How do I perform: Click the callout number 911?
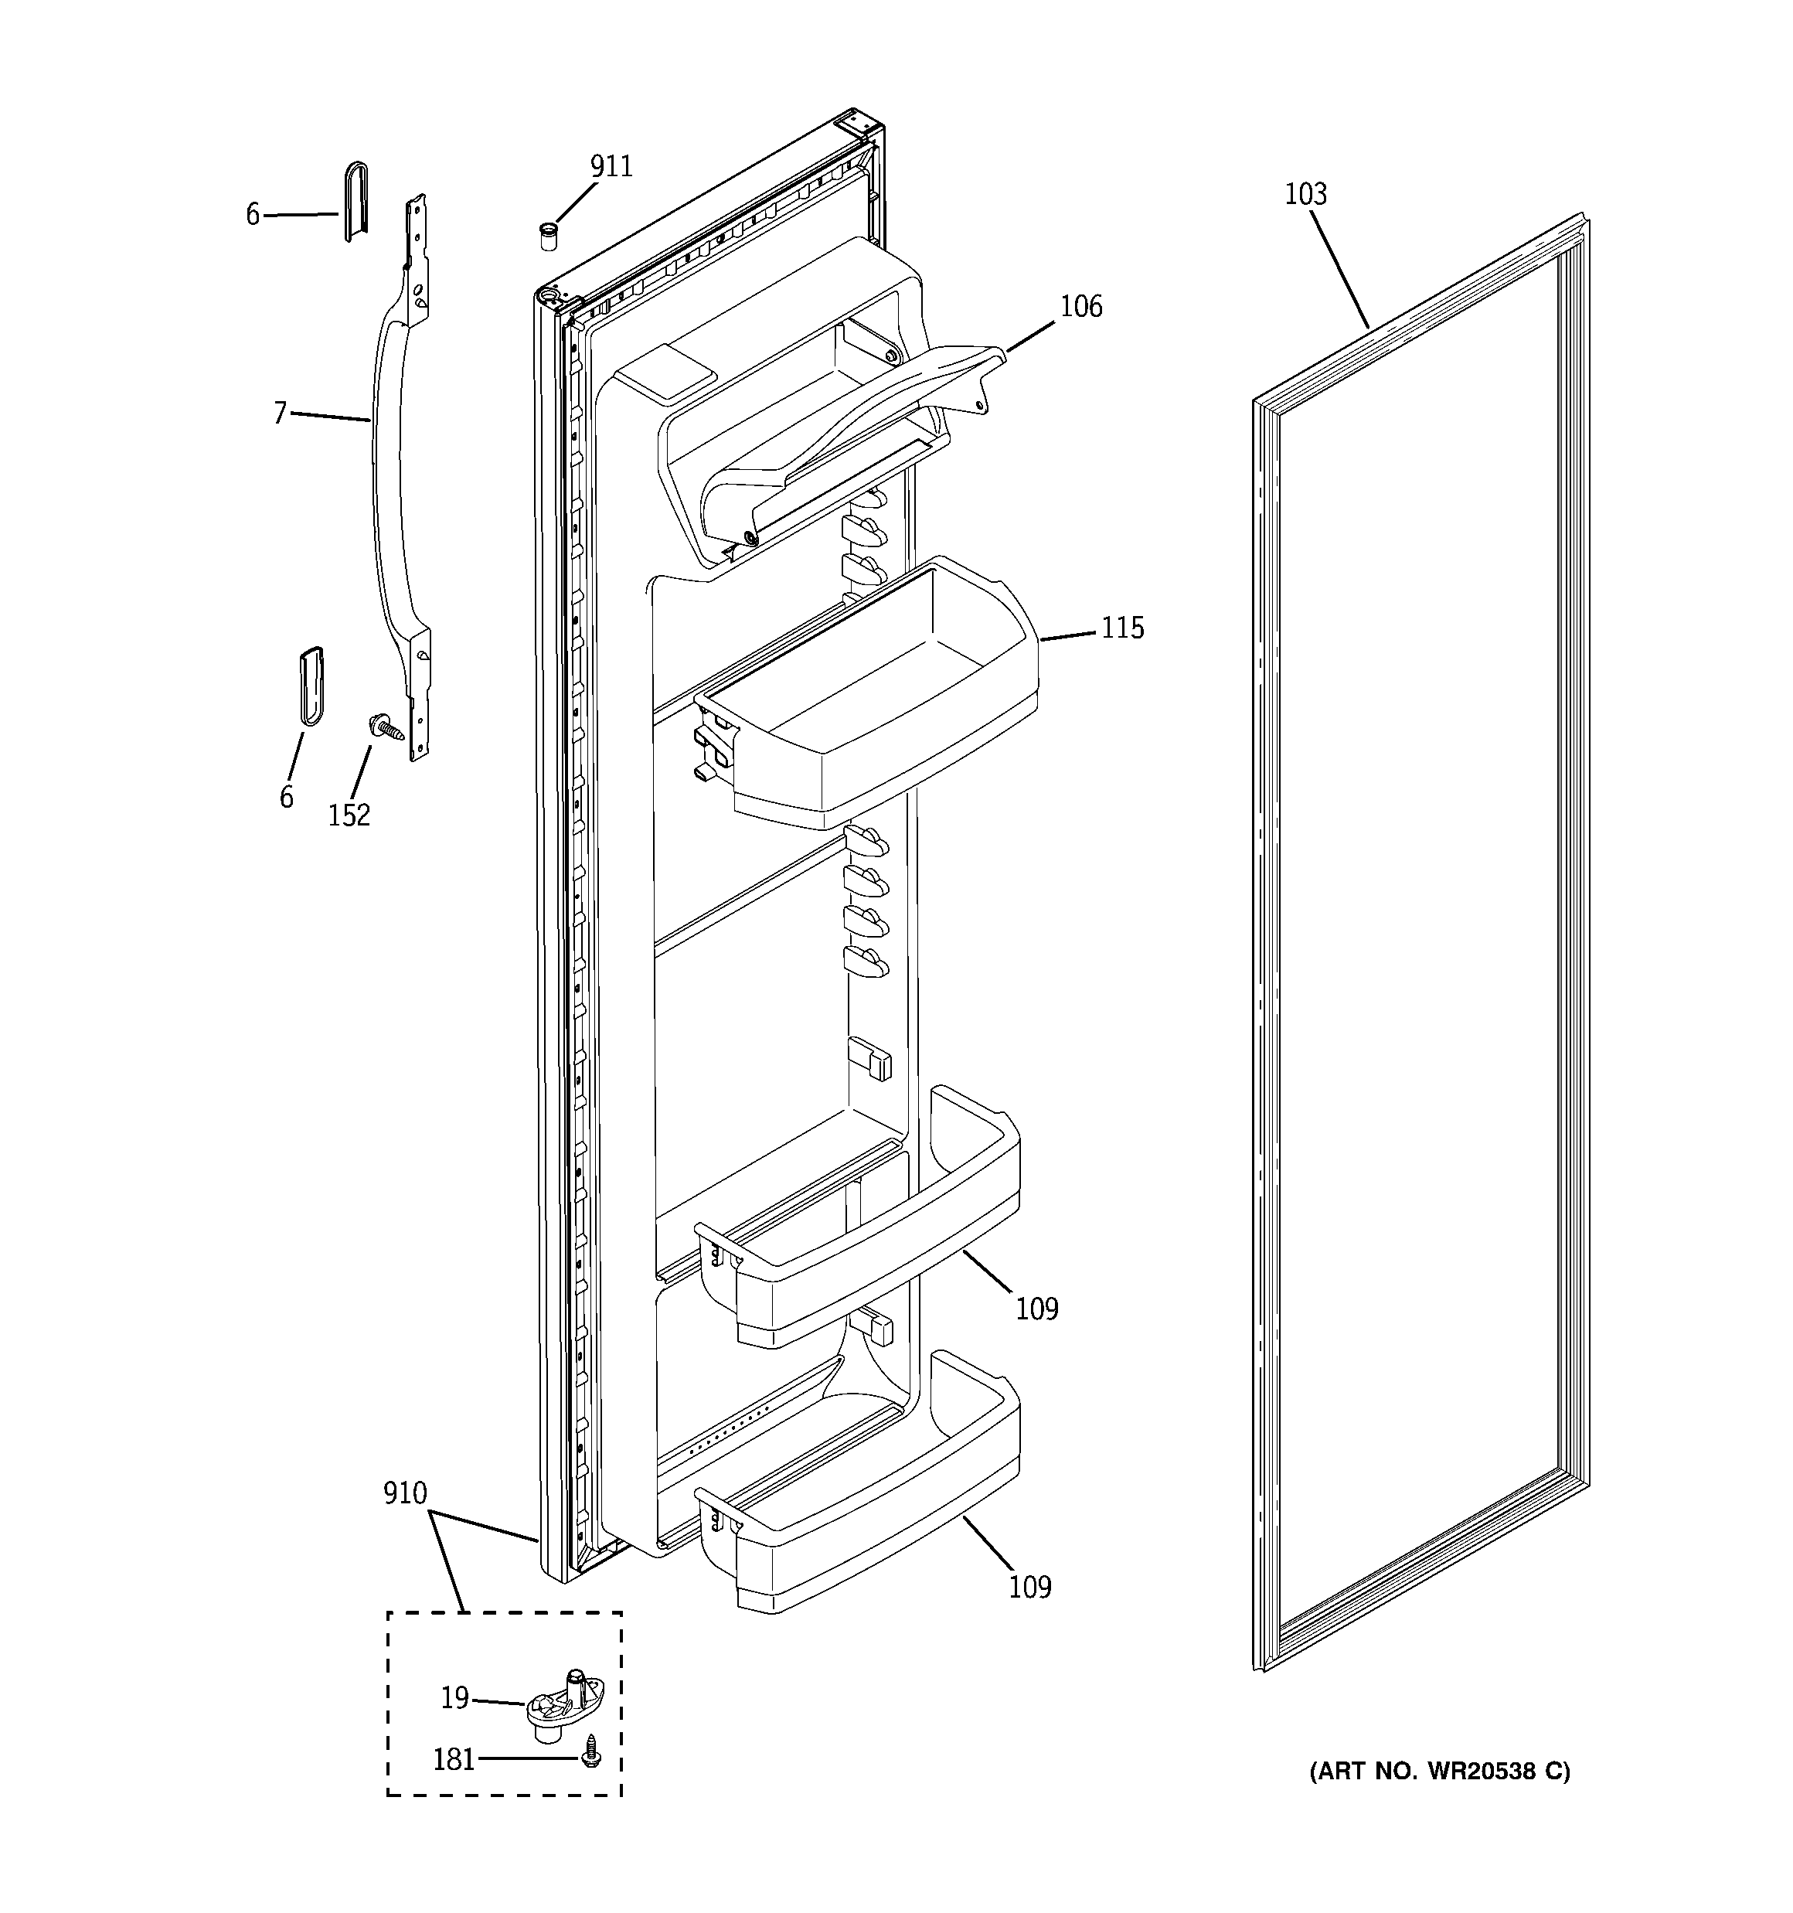[x=611, y=168]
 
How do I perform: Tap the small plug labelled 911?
[x=549, y=236]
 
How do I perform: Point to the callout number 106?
[x=1080, y=307]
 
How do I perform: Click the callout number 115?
[x=1122, y=628]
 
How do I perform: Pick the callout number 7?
[x=280, y=414]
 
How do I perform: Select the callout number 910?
[x=404, y=1493]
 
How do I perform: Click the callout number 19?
[x=454, y=1698]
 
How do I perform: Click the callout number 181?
[x=454, y=1760]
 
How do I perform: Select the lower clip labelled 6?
[x=311, y=685]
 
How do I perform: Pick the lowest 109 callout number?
[x=1029, y=1587]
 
